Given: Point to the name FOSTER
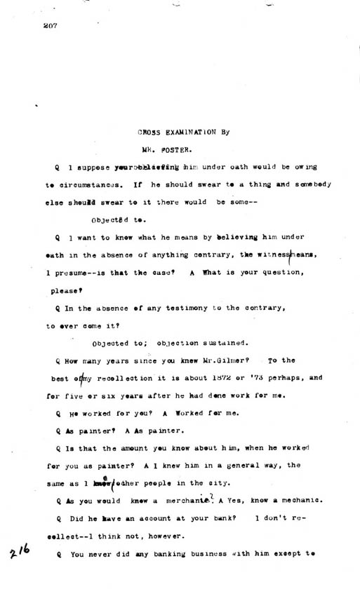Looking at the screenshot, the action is click(171, 149).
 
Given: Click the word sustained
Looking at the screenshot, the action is click(218, 343).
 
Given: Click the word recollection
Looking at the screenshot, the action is click(109, 378).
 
